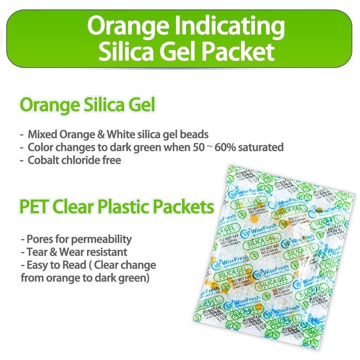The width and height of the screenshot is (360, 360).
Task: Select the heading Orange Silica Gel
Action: [87, 105]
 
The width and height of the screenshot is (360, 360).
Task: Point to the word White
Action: [122, 135]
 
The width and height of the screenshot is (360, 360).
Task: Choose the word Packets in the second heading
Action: [185, 207]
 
